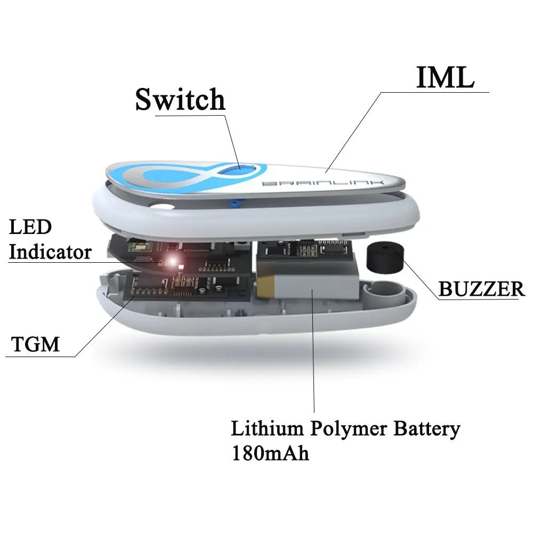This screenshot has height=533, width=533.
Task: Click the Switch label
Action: [x=180, y=100]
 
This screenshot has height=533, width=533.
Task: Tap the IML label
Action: [x=444, y=78]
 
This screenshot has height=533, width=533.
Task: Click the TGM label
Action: [x=35, y=344]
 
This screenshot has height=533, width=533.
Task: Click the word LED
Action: [x=30, y=227]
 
